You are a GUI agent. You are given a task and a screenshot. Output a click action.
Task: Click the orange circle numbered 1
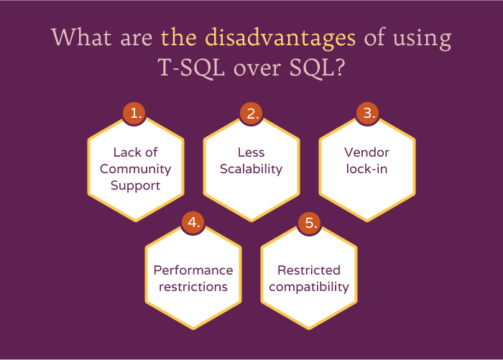pos(134,114)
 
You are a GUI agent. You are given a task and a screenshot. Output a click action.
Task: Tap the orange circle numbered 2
pos(251,114)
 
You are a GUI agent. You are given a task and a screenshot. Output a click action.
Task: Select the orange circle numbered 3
pos(367,114)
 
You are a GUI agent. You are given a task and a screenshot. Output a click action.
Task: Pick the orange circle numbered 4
pos(193,223)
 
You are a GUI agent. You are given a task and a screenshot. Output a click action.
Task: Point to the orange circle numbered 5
pos(309,223)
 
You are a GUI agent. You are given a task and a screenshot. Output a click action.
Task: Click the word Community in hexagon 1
pos(135,169)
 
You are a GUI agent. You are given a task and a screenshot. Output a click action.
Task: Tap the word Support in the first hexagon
pos(135,185)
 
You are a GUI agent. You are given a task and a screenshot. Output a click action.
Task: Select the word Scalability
pos(251,170)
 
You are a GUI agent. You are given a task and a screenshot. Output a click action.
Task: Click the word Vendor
pos(366,152)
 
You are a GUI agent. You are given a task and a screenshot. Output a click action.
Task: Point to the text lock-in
pos(366,170)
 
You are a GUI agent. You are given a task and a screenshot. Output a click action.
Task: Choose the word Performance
pos(193,270)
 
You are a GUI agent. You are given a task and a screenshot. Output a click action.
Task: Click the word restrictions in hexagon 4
pos(193,287)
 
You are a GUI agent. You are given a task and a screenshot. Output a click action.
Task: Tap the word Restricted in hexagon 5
pos(309,270)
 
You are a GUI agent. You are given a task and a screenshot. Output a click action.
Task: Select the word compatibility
pos(309,287)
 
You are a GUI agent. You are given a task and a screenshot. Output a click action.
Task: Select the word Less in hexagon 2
pos(251,152)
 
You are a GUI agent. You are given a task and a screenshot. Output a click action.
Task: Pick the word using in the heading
pos(421,38)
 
